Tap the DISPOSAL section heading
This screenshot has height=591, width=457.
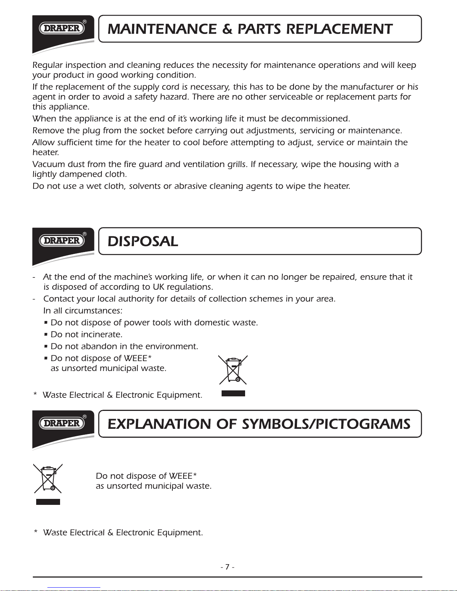click(143, 242)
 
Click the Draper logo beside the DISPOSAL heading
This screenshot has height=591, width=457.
click(62, 241)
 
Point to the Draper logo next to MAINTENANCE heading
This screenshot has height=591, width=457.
click(62, 28)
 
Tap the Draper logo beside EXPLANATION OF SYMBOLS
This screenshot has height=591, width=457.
click(62, 423)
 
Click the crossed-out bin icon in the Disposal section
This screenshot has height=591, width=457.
click(233, 370)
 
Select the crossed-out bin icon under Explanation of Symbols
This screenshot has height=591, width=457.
click(48, 479)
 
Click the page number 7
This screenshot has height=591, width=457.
click(227, 567)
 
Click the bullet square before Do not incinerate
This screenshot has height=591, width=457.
click(46, 334)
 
